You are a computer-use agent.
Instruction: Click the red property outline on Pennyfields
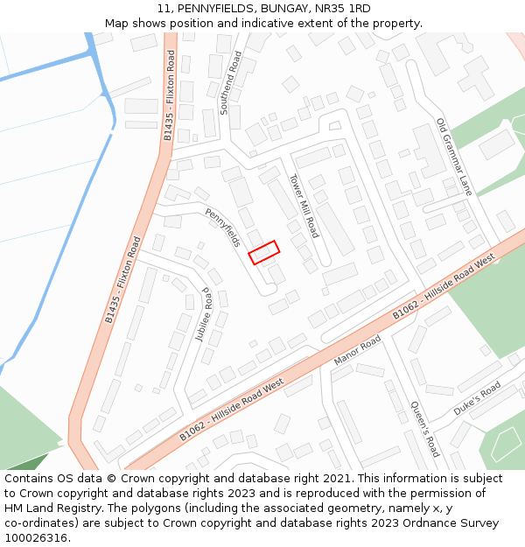pos(263,252)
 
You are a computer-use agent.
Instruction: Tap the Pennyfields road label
pos(222,228)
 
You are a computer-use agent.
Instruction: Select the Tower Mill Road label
pos(304,206)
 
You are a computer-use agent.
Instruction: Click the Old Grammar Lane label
pos(454,157)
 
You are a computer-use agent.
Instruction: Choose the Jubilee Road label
pos(207,315)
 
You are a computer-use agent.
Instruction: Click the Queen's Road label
pos(424,429)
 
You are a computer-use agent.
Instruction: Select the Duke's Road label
pos(477,399)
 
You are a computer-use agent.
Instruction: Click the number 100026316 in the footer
pos(36,538)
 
